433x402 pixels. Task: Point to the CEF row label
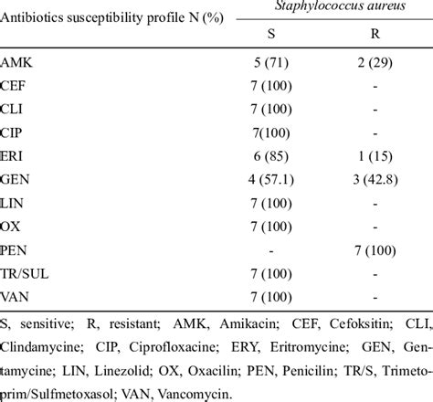coord(16,90)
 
